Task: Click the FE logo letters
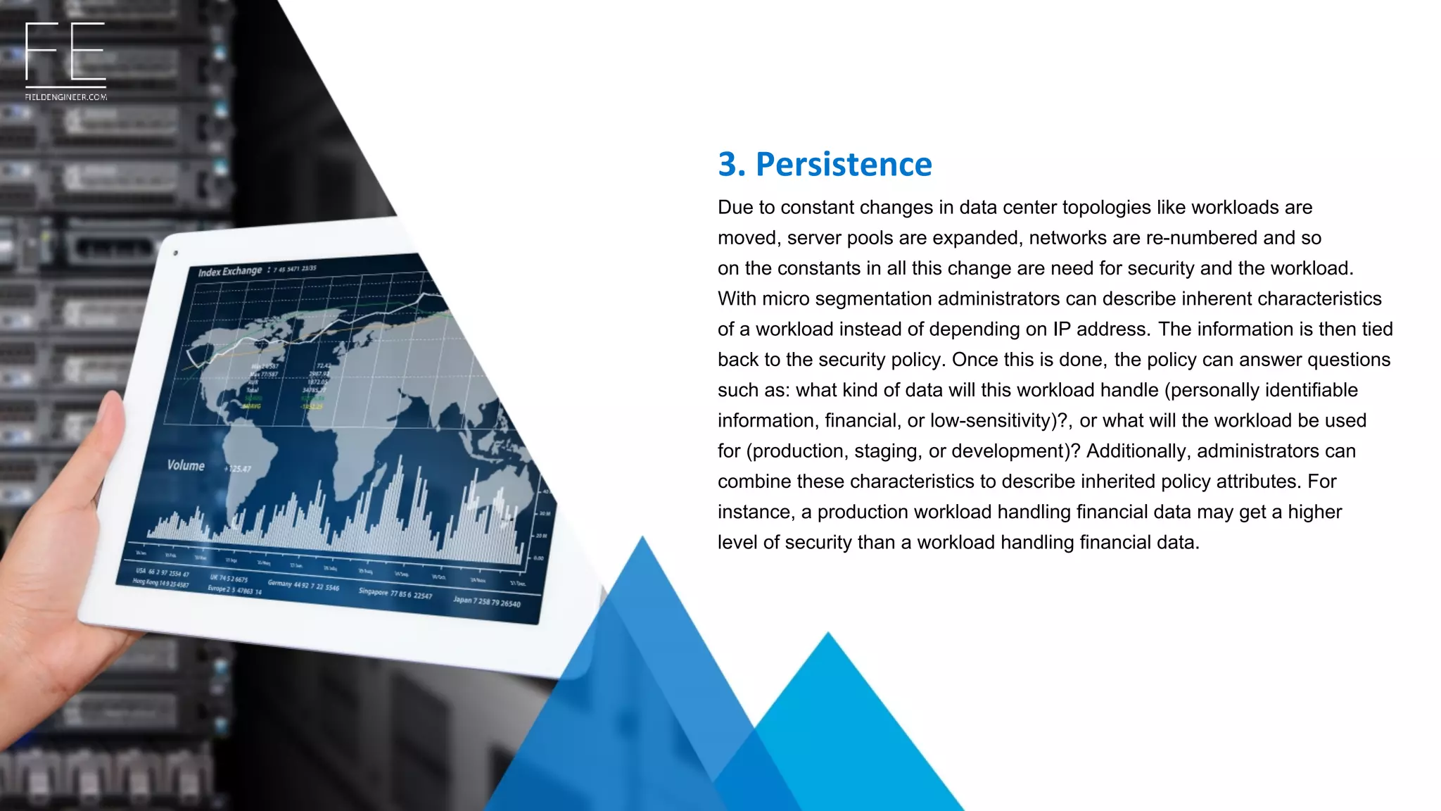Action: pos(65,51)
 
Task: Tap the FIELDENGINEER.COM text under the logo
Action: pos(65,97)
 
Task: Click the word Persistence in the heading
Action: pos(843,165)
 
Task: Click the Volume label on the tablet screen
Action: pos(186,465)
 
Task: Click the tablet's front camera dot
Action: pos(175,253)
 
